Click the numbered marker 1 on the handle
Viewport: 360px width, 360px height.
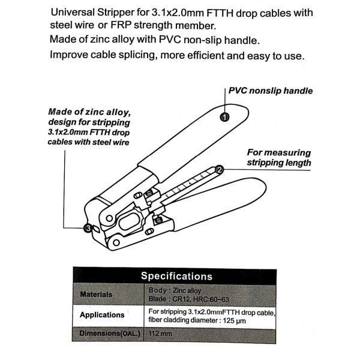[223, 118]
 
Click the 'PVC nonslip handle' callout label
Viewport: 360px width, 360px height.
[271, 91]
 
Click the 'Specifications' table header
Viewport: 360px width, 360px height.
[176, 276]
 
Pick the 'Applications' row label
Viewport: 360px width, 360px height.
[102, 314]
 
